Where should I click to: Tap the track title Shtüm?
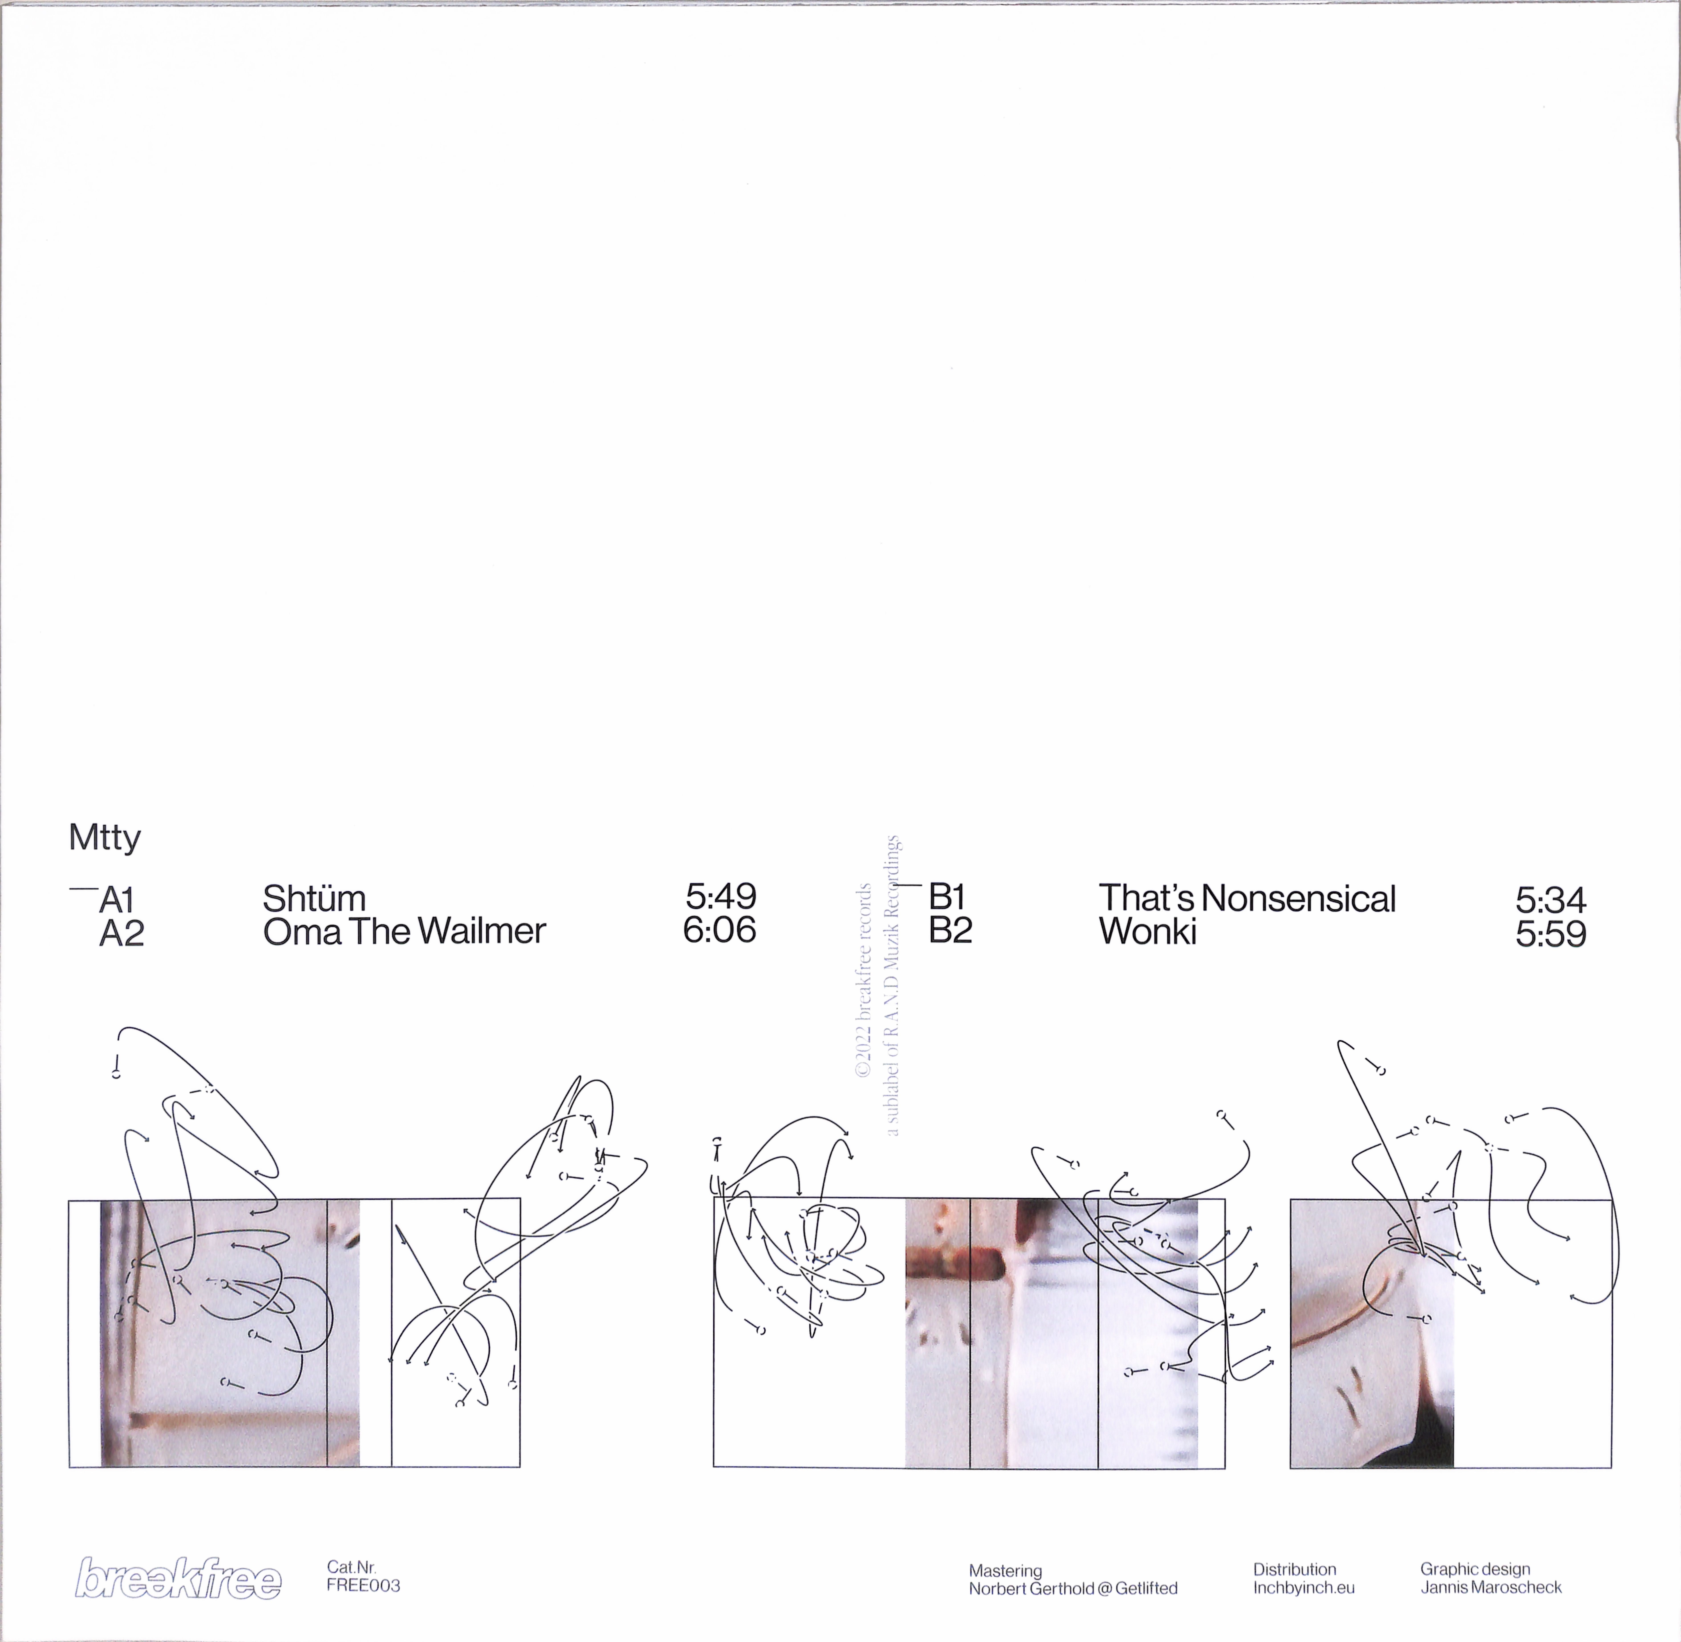tap(314, 899)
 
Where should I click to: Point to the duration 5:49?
tap(721, 897)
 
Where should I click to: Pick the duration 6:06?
tap(719, 930)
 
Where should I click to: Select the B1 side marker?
tap(946, 898)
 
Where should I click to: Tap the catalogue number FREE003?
tap(363, 1586)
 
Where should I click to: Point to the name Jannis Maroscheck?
tap(1491, 1587)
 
